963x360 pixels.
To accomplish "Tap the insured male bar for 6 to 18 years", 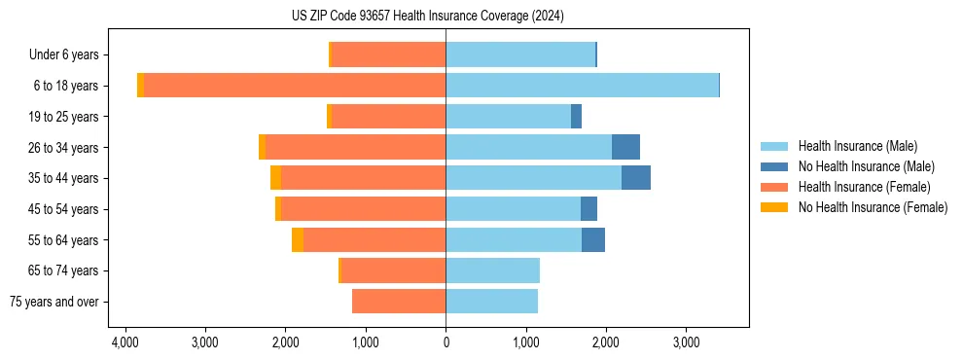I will [x=582, y=86].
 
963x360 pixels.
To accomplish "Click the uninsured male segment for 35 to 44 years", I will [x=635, y=178].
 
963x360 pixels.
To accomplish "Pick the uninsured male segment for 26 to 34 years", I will [x=625, y=147].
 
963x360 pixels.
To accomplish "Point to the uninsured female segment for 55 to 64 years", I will [x=298, y=240].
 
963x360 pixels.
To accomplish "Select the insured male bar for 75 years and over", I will [x=491, y=302].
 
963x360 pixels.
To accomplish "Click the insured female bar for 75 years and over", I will [x=399, y=302].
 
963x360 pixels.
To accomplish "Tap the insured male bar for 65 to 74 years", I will [x=492, y=270].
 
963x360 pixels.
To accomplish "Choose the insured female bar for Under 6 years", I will [x=388, y=54].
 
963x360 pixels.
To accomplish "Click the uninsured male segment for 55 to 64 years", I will [x=593, y=240].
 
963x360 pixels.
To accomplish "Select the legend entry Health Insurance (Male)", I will [x=855, y=146].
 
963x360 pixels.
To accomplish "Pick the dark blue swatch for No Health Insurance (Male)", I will [x=774, y=166].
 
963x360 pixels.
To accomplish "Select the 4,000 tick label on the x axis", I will [x=125, y=342].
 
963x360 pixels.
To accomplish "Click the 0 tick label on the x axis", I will [x=446, y=342].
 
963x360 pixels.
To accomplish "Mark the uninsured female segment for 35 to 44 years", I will [x=276, y=178].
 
